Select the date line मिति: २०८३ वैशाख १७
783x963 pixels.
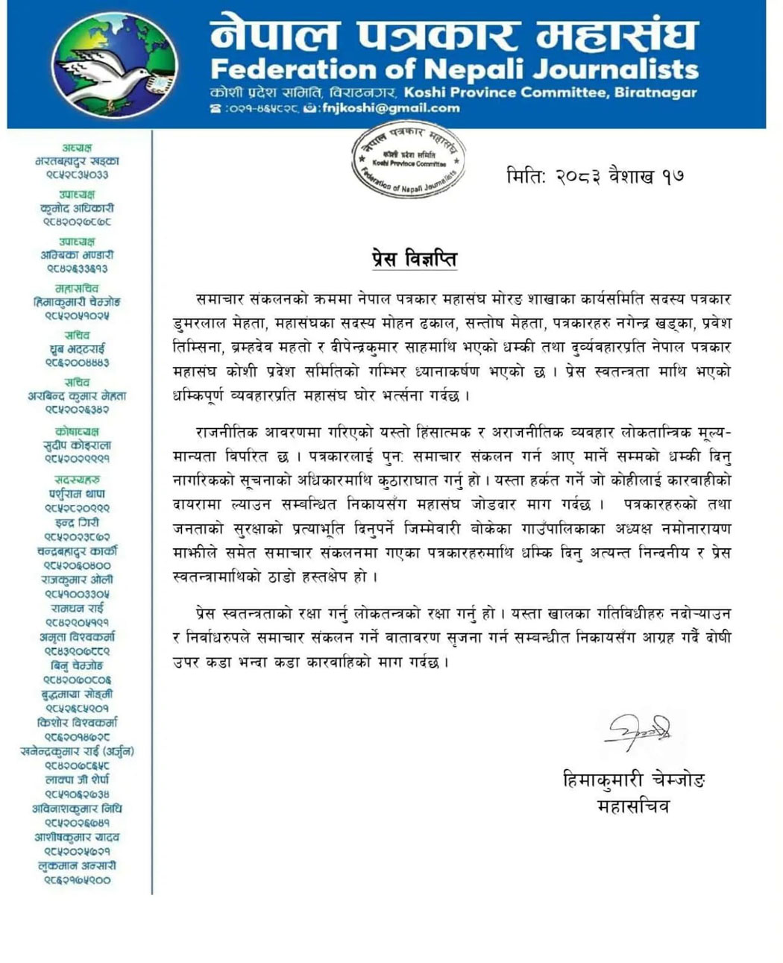[594, 177]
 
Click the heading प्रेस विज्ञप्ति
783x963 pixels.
[414, 259]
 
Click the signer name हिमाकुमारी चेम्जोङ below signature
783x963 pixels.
[633, 780]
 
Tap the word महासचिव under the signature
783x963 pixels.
[633, 806]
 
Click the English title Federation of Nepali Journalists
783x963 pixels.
[454, 69]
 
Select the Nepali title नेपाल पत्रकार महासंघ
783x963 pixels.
[454, 34]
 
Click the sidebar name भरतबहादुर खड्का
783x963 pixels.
[77, 161]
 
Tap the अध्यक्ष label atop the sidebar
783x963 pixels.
[77, 148]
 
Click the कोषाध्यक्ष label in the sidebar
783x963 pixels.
[77, 431]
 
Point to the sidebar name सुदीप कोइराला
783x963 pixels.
[77, 445]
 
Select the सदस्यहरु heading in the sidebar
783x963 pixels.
[77, 480]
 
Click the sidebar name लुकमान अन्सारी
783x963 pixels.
[77, 866]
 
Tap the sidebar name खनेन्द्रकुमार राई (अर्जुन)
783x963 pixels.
[77, 751]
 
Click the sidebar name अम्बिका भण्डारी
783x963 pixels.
[77, 255]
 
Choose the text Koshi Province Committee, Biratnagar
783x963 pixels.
[550, 92]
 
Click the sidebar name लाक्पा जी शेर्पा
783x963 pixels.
[77, 780]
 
